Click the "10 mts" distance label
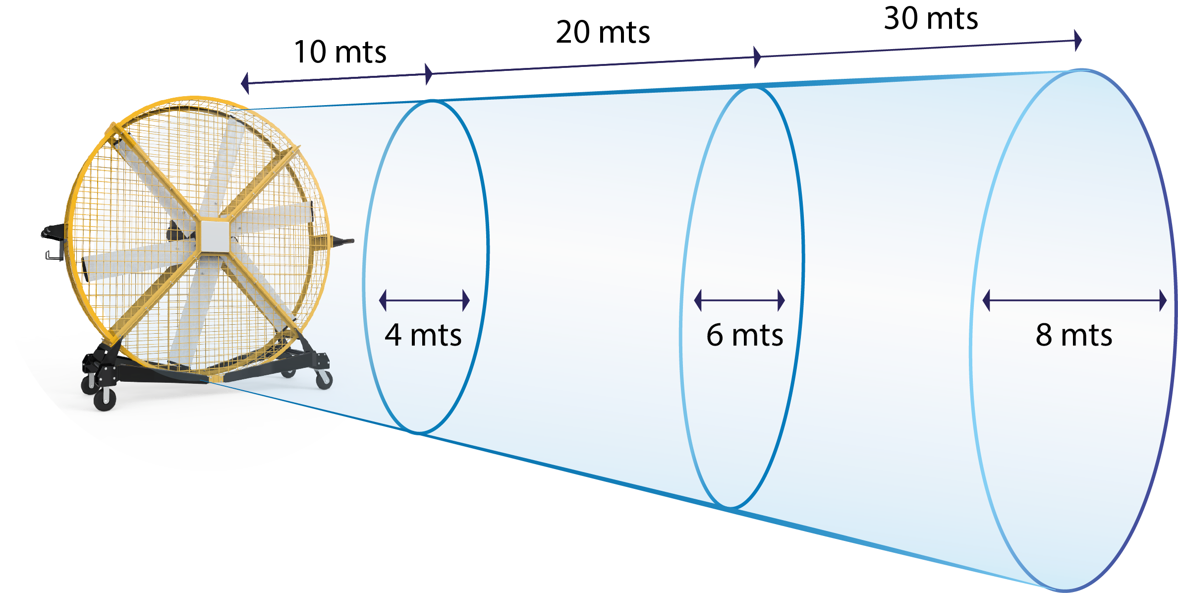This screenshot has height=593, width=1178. coord(340,52)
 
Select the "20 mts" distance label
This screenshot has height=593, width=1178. coord(603,32)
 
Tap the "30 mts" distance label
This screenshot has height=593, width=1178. coord(931,18)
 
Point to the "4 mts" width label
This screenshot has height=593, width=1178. coord(423,335)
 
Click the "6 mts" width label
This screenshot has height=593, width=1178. coord(744,335)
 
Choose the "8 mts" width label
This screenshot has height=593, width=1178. coord(1074,335)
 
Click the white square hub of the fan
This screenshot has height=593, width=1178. coord(215,237)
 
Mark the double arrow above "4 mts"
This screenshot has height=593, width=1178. coord(424,300)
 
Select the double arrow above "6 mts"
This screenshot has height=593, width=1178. coord(739,300)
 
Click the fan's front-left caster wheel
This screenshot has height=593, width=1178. coord(105,399)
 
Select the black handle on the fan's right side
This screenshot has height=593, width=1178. coord(341,241)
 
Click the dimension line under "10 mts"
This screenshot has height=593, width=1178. coord(337,78)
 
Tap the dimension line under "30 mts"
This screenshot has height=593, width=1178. coord(918,49)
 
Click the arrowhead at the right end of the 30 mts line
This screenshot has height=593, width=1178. coord(1078,40)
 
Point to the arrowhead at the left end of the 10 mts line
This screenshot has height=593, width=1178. coord(245,83)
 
